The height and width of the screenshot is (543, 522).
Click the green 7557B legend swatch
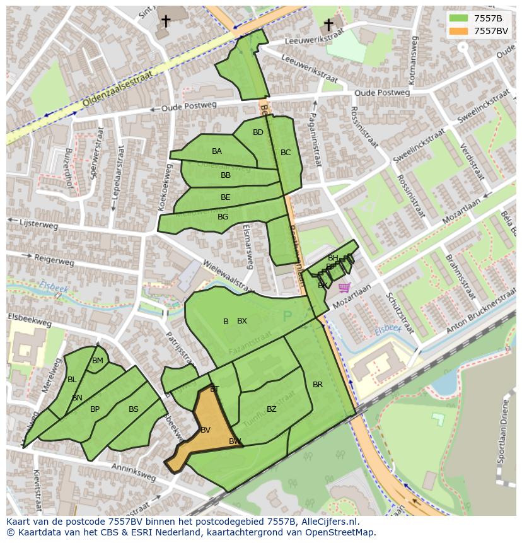coord(458,18)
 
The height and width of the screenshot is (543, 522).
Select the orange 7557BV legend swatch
coord(458,31)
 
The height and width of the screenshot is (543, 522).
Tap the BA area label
coord(217,151)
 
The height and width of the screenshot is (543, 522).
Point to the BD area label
coord(258,132)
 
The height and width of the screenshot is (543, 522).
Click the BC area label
coord(286,153)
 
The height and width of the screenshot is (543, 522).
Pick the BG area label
coord(223,217)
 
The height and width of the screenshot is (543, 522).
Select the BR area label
coord(318,385)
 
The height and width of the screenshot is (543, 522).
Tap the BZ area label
coord(272,409)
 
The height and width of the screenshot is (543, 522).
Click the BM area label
coord(98,361)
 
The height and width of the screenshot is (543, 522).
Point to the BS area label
coord(134,409)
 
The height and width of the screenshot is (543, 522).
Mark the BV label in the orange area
coord(205,430)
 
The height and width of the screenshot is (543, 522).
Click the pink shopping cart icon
coord(344,288)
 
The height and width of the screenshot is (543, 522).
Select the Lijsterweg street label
coord(39,225)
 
